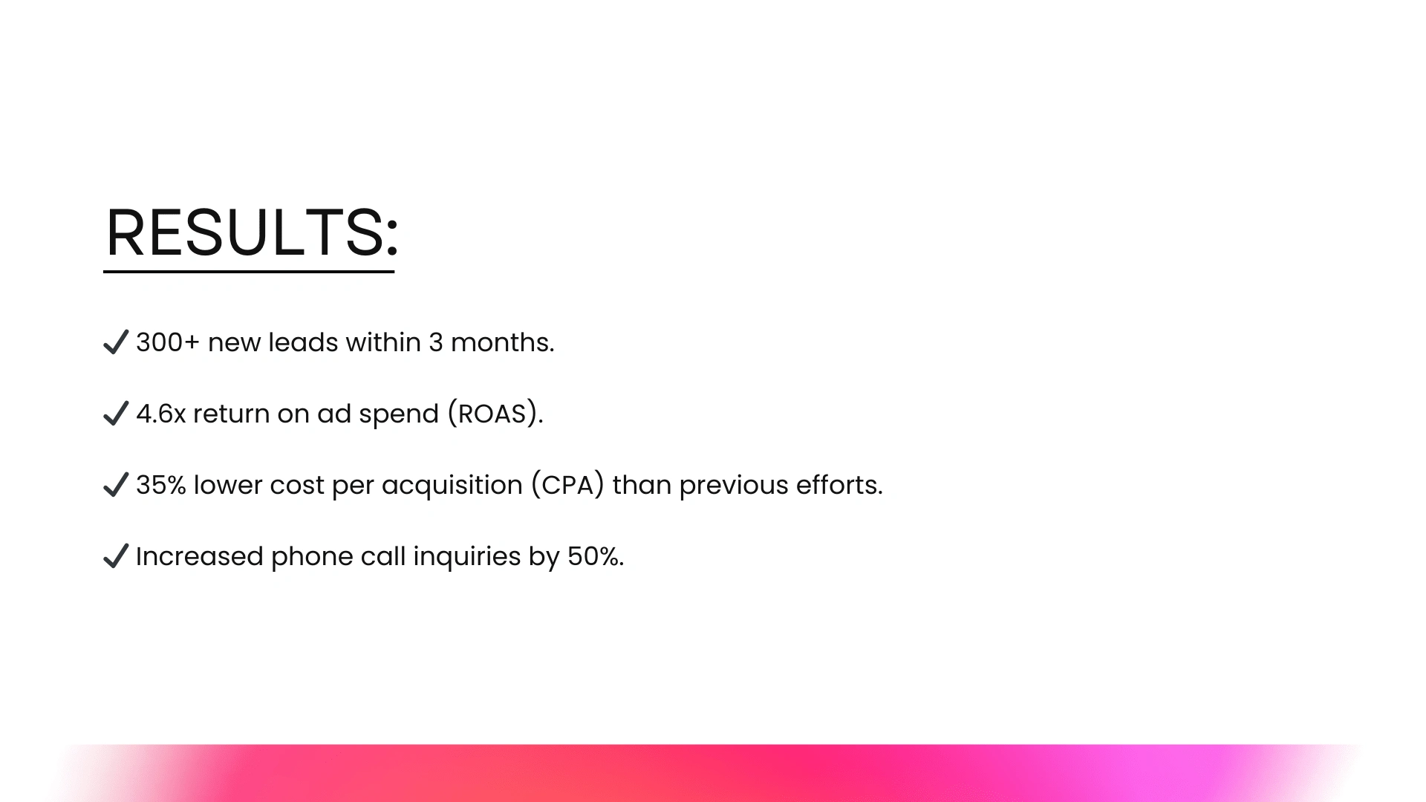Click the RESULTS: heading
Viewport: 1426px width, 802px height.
[x=252, y=232]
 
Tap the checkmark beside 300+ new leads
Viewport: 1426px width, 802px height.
[x=116, y=342]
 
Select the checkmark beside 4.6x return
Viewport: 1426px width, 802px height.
[x=116, y=414]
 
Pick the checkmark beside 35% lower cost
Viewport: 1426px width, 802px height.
[x=116, y=485]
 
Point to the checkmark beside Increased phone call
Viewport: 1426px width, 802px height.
[x=116, y=556]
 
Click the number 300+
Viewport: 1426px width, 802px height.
[x=168, y=342]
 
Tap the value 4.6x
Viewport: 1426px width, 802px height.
[x=161, y=414]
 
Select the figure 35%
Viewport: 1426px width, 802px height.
[x=161, y=485]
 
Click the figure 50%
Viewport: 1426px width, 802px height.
[x=593, y=556]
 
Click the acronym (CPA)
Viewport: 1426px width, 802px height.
[x=567, y=485]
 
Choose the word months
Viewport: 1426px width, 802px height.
[x=500, y=342]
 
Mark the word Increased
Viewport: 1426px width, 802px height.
[x=200, y=556]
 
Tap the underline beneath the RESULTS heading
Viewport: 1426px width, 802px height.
[x=249, y=272]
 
